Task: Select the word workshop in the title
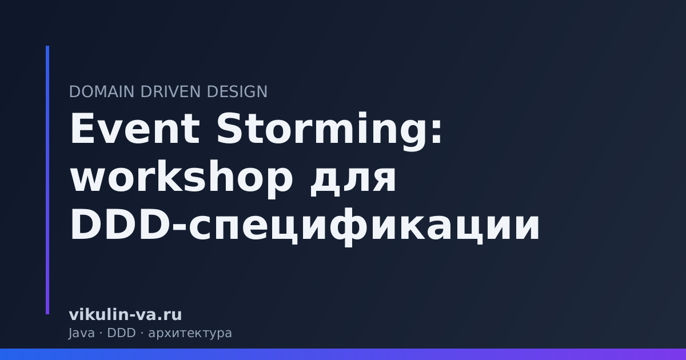point(180,178)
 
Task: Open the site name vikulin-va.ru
point(125,315)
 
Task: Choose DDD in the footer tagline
point(121,333)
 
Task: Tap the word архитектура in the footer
point(190,334)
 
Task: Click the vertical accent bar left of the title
point(47,180)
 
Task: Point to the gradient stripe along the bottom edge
point(343,354)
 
